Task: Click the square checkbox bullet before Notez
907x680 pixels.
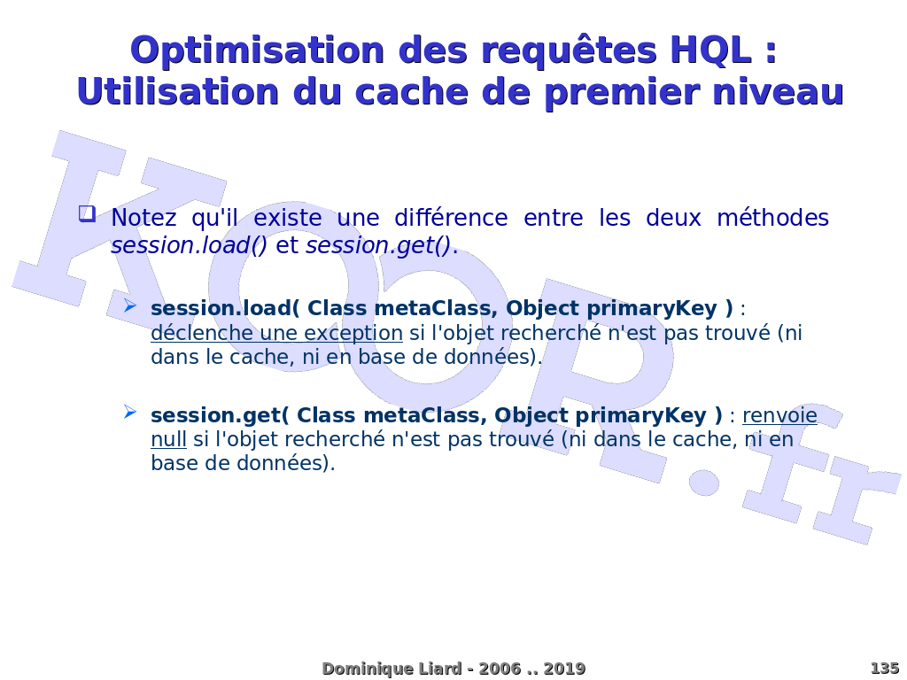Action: coord(87,214)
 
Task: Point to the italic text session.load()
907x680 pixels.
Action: coord(190,246)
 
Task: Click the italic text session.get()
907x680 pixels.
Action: coord(378,246)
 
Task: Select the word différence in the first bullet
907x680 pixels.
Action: coord(451,218)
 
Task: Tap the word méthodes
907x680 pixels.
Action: coord(772,218)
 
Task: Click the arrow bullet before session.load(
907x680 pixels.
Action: coord(130,305)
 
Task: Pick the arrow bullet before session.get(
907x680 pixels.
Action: coord(130,413)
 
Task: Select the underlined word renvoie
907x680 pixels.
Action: coord(779,415)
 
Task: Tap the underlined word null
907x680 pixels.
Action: coord(168,439)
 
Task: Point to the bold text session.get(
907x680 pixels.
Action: coord(220,416)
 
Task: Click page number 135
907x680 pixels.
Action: coord(885,668)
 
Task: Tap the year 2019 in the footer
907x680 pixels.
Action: coord(564,669)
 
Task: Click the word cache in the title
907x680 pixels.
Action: coord(411,92)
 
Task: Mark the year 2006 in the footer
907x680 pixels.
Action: coord(500,669)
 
